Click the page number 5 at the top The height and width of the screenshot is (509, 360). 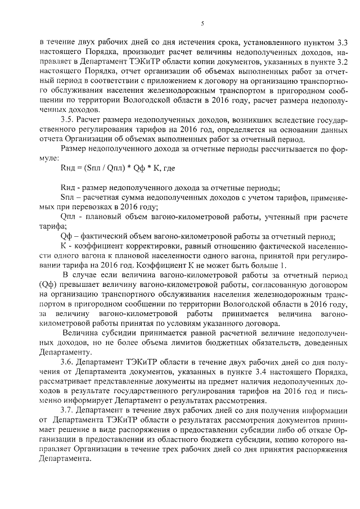pyautogui.click(x=201, y=23)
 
